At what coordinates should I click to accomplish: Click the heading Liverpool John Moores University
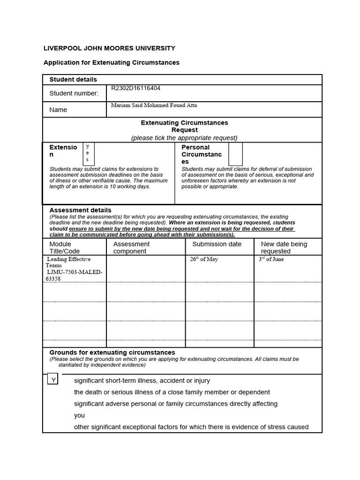109,48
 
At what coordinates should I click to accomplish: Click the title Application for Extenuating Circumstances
111,62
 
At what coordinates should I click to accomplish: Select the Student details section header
73,80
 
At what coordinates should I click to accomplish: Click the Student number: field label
74,93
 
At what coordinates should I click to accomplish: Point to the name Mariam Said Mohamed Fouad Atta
154,105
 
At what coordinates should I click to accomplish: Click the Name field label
58,110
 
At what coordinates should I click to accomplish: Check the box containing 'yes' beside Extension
88,153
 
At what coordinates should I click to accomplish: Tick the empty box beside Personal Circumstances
235,154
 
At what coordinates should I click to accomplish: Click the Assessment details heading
80,210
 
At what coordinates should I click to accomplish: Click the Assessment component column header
131,247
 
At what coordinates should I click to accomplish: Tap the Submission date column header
217,244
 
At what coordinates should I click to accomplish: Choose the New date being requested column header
284,247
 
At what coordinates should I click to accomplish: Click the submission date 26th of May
204,259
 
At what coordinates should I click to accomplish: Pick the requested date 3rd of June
271,259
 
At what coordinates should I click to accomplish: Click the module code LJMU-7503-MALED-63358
74,275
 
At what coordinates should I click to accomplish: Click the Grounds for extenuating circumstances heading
112,352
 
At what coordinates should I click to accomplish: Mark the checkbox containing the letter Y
52,380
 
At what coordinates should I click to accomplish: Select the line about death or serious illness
172,392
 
